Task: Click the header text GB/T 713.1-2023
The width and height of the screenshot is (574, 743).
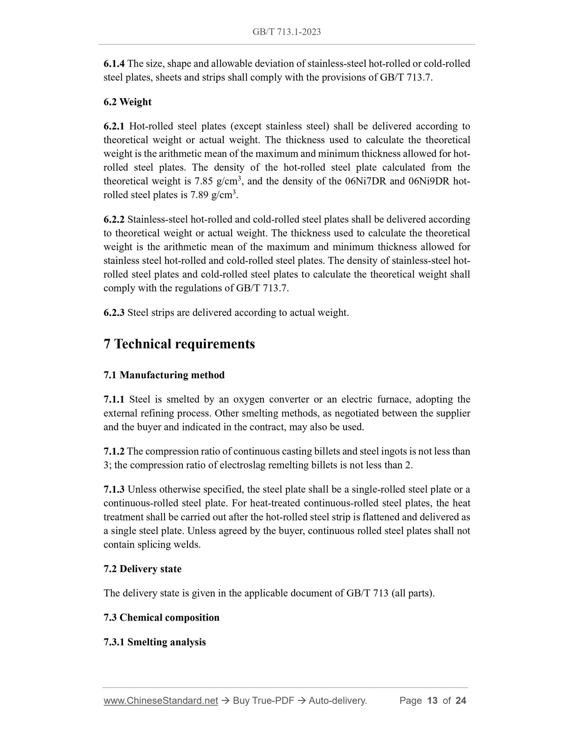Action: (286, 32)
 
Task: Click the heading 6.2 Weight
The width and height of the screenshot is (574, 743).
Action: (128, 102)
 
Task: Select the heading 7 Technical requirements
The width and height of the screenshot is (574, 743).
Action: (179, 344)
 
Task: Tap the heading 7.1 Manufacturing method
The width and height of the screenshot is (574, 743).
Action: (164, 375)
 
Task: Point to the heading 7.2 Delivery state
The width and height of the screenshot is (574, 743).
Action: (143, 569)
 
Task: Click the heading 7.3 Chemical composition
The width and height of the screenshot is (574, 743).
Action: (161, 617)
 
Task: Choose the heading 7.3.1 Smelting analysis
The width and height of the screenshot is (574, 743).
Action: (155, 642)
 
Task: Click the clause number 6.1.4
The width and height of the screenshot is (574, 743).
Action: (114, 64)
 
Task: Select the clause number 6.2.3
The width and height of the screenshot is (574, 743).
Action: (114, 313)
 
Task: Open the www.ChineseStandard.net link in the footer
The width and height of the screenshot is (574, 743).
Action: (161, 701)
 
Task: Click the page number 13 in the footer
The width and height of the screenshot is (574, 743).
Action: (432, 701)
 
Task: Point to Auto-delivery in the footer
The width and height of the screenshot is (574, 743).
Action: (338, 701)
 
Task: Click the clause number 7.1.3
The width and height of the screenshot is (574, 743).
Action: (114, 490)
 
